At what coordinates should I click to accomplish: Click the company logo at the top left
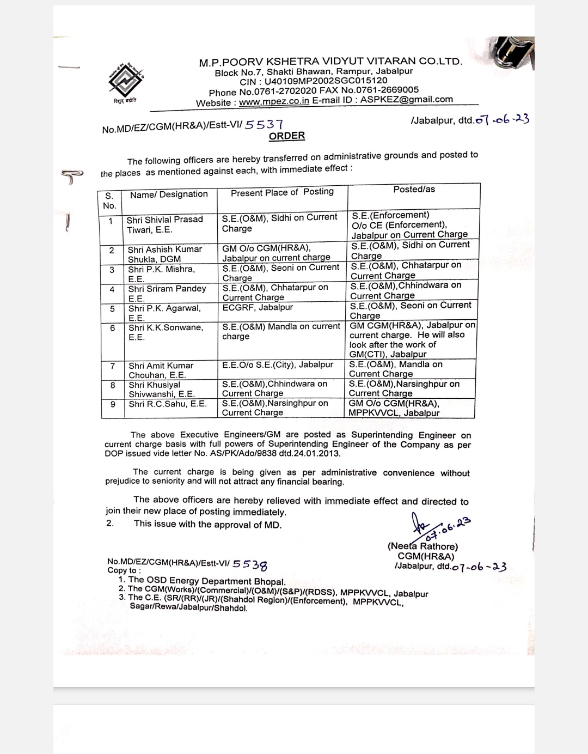pyautogui.click(x=126, y=80)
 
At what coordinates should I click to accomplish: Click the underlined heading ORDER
pyautogui.click(x=287, y=136)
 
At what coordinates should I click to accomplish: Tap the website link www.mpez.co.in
pyautogui.click(x=274, y=101)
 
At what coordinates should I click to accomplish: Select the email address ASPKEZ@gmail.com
pyautogui.click(x=406, y=99)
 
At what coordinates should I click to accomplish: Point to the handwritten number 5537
pyautogui.click(x=264, y=125)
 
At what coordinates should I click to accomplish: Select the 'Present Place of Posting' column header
pyautogui.click(x=282, y=192)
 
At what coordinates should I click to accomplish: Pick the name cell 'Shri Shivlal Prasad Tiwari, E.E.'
pyautogui.click(x=164, y=224)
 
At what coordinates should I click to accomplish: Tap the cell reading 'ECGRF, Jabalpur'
pyautogui.click(x=258, y=307)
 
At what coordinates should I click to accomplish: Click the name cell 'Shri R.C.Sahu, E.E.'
pyautogui.click(x=168, y=404)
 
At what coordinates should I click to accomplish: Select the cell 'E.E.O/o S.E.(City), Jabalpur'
pyautogui.click(x=278, y=364)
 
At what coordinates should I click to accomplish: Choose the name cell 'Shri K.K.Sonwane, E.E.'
pyautogui.click(x=166, y=332)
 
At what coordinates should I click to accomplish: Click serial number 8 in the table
pyautogui.click(x=113, y=385)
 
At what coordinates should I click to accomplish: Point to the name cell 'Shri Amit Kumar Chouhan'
pyautogui.click(x=161, y=370)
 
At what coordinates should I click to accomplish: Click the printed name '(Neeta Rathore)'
pyautogui.click(x=422, y=546)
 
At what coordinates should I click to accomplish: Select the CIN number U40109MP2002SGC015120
pyautogui.click(x=326, y=81)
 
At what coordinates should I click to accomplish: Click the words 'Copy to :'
pyautogui.click(x=124, y=570)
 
